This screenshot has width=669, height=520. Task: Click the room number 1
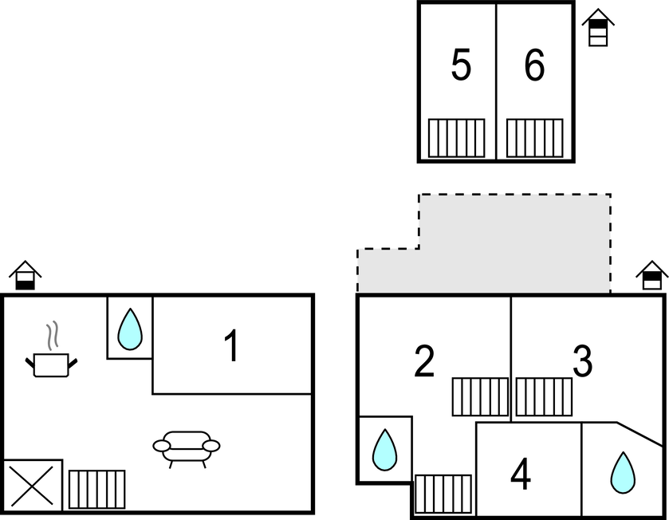click(231, 347)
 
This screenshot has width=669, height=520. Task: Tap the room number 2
click(424, 362)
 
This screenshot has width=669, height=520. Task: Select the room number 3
click(583, 362)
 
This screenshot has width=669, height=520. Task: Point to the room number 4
click(521, 476)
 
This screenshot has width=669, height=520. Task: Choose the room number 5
click(461, 65)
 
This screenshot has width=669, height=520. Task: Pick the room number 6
click(534, 65)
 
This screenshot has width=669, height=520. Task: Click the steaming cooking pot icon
click(53, 355)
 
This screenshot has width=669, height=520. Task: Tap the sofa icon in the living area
click(187, 447)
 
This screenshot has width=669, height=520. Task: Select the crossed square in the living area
click(33, 484)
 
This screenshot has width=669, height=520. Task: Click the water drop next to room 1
click(129, 329)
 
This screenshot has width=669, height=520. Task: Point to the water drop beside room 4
click(623, 473)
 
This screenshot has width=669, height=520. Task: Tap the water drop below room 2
click(384, 450)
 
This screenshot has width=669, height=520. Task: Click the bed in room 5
click(456, 138)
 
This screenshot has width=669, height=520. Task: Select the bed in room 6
click(534, 138)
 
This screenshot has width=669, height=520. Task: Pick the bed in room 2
click(480, 396)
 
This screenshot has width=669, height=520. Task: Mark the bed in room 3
click(544, 396)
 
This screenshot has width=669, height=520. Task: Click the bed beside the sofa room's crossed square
click(96, 489)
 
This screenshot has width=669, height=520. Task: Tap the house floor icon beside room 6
click(598, 28)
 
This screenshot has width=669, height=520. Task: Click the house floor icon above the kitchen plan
click(26, 276)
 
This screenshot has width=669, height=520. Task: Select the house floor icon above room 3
click(652, 276)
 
